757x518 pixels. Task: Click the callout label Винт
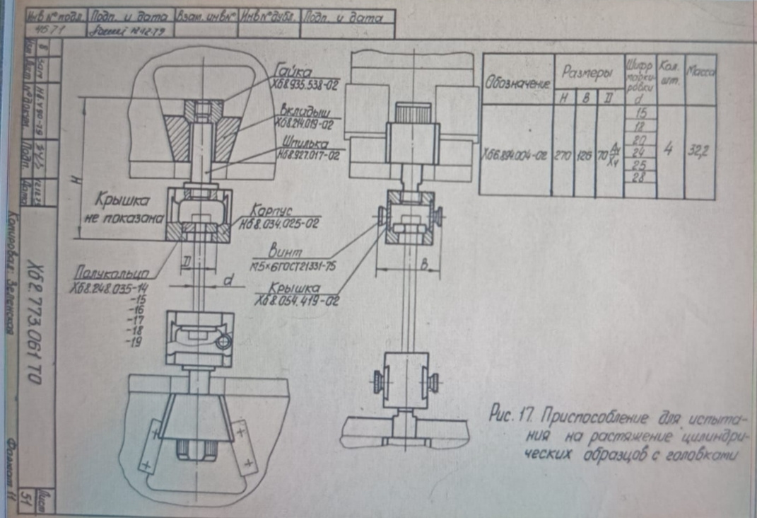[286, 251]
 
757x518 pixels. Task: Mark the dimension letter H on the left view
[76, 180]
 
